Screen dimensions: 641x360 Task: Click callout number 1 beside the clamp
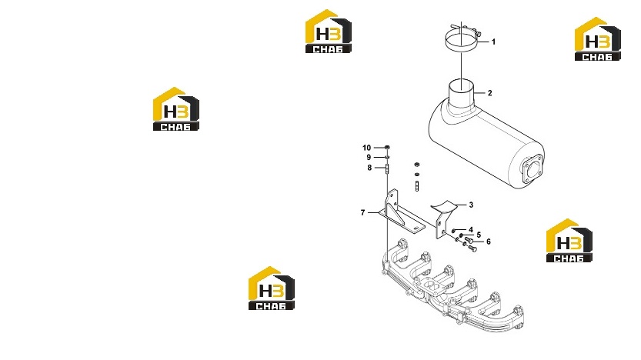[493, 42]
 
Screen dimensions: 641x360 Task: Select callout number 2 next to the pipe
[489, 93]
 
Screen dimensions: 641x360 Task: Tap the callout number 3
[471, 205]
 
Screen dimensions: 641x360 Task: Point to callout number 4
[471, 230]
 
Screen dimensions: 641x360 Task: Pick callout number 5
[479, 235]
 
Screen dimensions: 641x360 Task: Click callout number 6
[488, 242]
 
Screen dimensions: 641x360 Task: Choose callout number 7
[362, 212]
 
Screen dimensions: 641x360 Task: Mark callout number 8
[369, 168]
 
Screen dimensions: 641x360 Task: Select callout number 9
[369, 158]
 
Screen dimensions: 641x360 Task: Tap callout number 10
[367, 148]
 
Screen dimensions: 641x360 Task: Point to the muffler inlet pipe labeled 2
[462, 96]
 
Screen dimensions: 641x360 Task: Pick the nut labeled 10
[387, 147]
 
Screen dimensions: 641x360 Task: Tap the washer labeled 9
[387, 158]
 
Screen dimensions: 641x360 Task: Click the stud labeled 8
[387, 168]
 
